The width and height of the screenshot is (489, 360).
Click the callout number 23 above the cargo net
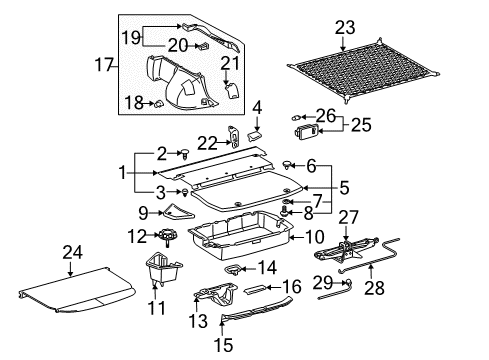pyautogui.click(x=345, y=29)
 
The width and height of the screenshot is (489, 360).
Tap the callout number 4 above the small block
pyautogui.click(x=256, y=107)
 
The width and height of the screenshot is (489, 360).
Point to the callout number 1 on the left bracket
pyautogui.click(x=124, y=172)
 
